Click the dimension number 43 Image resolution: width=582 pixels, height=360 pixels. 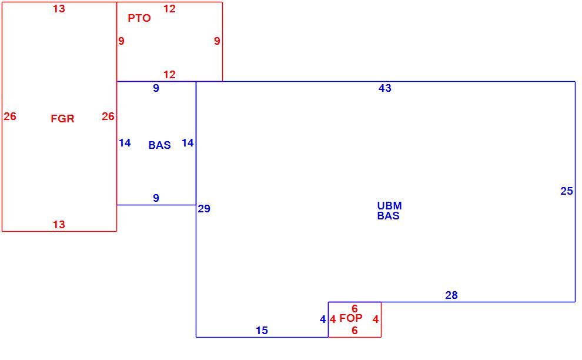coord(385,88)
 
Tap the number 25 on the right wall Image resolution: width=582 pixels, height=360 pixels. coord(566,191)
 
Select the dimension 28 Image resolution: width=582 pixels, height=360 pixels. coord(451,295)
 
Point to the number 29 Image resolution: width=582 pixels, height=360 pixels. coord(204,209)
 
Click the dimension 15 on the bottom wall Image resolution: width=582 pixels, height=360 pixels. coord(262,330)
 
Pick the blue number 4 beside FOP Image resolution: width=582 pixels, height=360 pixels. coord(323,319)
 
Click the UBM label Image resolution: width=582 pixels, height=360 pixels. coord(389,206)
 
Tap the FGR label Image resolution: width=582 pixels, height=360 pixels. coord(62,118)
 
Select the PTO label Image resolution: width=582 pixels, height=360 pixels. coord(139,18)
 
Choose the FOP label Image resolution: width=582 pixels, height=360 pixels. coord(351,318)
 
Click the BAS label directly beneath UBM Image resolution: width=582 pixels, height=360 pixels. coord(388,216)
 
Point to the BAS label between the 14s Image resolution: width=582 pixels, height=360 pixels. coord(159,145)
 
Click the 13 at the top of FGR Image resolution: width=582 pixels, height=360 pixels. coord(59,9)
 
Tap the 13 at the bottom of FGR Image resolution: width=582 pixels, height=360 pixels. coord(59,224)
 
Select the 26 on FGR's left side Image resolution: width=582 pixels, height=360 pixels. coord(10,116)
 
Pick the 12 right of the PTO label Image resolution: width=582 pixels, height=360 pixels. coord(169,9)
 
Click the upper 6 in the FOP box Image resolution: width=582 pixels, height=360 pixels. coord(355,308)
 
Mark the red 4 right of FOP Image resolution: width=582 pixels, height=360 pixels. coord(376,319)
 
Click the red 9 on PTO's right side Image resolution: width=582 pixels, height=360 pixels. coord(217,41)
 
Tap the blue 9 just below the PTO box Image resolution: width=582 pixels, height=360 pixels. coord(156,88)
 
